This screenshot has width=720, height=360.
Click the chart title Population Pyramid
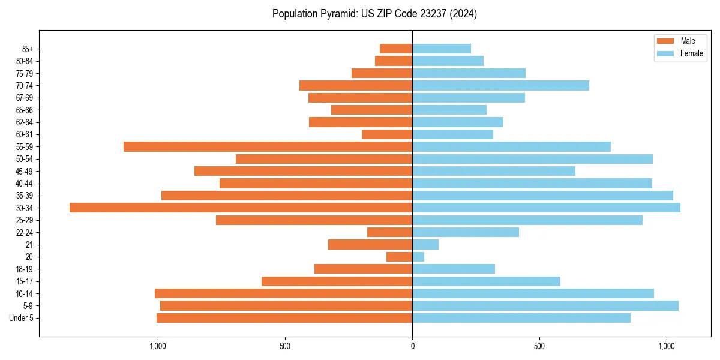point(374,14)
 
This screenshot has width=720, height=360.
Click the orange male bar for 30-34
point(241,208)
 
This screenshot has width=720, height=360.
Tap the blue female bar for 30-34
point(546,208)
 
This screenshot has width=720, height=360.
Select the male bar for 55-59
point(268,146)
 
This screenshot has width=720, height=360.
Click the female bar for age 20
point(418,257)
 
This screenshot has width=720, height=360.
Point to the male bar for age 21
point(370,244)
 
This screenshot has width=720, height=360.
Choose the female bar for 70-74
point(500,85)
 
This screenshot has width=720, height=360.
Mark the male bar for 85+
point(396,49)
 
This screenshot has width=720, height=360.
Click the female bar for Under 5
point(521,318)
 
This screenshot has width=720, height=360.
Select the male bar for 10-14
point(283,293)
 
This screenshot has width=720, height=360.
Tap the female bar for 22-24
point(466,232)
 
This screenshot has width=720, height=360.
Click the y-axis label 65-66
point(25,110)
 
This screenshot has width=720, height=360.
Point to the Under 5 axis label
point(21,318)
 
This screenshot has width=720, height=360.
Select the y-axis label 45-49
point(25,171)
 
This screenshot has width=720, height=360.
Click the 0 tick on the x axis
point(412,346)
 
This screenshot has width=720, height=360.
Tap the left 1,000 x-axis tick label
point(157,346)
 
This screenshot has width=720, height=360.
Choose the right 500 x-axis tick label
point(539,346)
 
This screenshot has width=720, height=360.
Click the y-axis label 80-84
point(25,61)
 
